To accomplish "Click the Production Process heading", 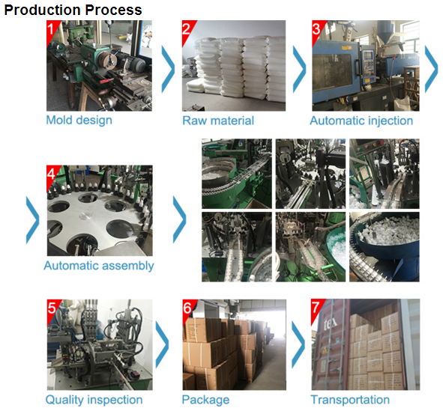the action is [x=73, y=10].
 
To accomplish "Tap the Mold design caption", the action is [x=79, y=121].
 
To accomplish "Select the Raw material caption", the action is [x=218, y=121].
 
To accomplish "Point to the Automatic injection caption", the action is [x=361, y=121].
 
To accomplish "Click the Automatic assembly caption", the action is [x=99, y=266].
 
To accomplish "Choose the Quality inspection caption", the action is [x=94, y=400].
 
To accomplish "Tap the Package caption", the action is [x=205, y=400].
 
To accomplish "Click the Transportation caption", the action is [x=350, y=400].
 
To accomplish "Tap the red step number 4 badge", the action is [x=52, y=174].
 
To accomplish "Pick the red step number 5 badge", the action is [x=52, y=308].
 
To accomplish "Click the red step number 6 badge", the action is [x=188, y=308].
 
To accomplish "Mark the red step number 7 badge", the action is [x=316, y=308].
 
